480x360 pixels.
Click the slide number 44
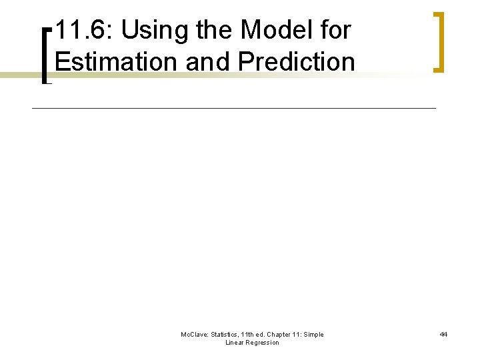tap(443, 335)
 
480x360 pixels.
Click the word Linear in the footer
tap(235, 343)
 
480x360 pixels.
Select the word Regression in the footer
tap(263, 343)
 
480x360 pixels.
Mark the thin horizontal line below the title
tap(233, 107)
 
